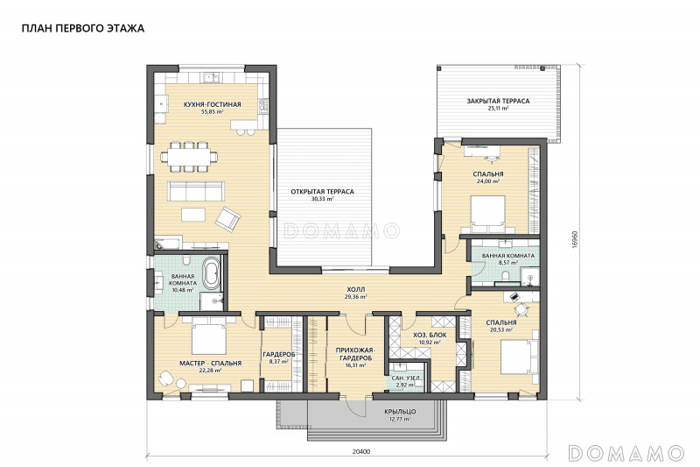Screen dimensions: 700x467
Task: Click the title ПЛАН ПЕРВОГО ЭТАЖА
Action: [83, 29]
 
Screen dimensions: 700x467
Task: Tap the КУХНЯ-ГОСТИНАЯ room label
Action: [212, 104]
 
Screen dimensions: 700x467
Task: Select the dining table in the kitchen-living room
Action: [189, 157]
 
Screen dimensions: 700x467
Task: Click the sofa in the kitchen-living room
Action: [195, 191]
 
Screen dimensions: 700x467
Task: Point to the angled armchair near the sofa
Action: [228, 219]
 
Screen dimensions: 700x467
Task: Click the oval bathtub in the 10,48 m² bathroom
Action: [212, 272]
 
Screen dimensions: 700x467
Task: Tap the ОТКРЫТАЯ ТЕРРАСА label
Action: [322, 192]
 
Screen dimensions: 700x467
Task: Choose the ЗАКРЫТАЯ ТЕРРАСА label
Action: [498, 101]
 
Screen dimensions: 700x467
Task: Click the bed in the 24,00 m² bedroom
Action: [488, 215]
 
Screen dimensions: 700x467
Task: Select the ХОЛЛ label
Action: [356, 290]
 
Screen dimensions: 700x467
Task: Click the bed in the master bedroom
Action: [208, 336]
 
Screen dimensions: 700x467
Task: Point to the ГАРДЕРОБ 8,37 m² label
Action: [278, 357]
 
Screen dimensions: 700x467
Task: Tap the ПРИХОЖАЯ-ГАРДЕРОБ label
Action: [355, 354]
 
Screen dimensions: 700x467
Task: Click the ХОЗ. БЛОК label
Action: [430, 336]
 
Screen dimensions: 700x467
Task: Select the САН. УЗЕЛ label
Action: [406, 379]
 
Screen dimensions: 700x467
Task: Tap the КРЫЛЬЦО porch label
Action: [400, 412]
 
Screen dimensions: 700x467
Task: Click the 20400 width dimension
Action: [360, 451]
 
